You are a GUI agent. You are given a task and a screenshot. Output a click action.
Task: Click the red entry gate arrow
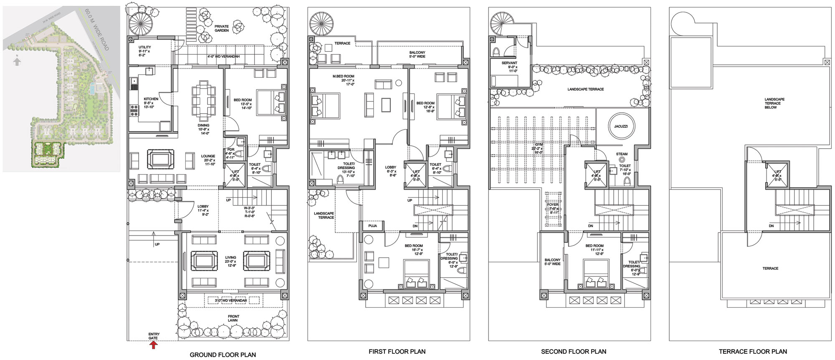pos(153,345)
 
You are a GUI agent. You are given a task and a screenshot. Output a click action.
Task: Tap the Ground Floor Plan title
pos(223,355)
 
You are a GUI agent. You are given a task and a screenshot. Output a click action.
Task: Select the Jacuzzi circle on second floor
pos(621,126)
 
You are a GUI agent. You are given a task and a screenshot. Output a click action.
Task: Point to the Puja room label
pos(372,226)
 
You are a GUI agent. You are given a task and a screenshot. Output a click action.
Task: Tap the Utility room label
pos(144,47)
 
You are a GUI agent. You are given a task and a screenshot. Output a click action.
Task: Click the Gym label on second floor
pos(539,145)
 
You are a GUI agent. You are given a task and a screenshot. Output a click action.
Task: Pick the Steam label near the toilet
pos(622,154)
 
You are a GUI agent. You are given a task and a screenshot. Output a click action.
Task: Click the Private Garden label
pos(222,28)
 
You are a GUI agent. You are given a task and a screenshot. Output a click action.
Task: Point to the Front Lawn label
pos(233,319)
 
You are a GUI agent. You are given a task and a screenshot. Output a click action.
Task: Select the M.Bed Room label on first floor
pos(343,76)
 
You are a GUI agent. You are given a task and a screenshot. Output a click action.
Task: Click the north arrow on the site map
pos(17,62)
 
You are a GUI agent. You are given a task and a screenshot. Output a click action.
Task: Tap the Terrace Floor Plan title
pos(753,352)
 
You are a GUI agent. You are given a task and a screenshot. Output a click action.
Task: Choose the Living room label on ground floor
pos(230,258)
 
